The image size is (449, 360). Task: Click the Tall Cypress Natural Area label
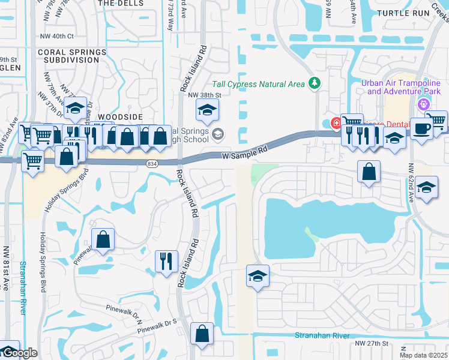pyautogui.click(x=259, y=84)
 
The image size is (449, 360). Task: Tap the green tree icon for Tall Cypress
pyautogui.click(x=313, y=83)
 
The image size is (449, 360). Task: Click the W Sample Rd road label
pyautogui.click(x=243, y=153)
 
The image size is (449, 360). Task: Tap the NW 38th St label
pyautogui.click(x=205, y=95)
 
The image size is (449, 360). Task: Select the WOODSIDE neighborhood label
pyautogui.click(x=120, y=116)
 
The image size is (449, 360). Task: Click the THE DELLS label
pyautogui.click(x=120, y=3)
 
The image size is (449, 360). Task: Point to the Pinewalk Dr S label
pyautogui.click(x=157, y=326)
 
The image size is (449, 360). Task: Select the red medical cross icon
pyautogui.click(x=336, y=122)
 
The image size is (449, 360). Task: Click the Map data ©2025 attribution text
pyautogui.click(x=424, y=355)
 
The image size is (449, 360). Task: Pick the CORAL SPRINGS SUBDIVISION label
pyautogui.click(x=68, y=56)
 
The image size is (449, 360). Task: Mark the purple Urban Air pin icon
pyautogui.click(x=425, y=103)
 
